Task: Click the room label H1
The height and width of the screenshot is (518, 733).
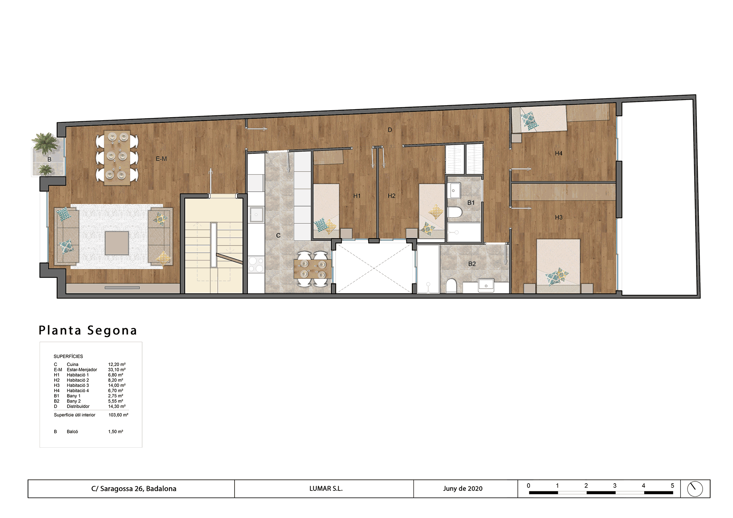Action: pos(357,196)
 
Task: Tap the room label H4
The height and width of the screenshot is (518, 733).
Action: pos(559,153)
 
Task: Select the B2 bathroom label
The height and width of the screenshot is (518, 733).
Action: pos(472,264)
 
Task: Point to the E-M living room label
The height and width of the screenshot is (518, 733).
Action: pos(161,159)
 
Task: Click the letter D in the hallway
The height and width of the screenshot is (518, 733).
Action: pos(390,130)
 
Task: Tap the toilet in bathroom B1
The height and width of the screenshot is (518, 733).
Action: pos(455,212)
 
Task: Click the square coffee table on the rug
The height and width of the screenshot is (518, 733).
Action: pos(117,243)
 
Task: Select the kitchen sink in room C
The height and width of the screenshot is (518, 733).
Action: pos(257,215)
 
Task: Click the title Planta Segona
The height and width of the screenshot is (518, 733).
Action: pos(88,330)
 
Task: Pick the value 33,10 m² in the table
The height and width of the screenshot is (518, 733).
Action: pos(117,370)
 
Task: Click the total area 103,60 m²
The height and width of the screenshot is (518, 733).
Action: pos(118,415)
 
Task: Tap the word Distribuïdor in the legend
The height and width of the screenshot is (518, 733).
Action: pos(78,406)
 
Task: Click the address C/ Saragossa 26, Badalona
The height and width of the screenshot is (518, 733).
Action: pos(134,489)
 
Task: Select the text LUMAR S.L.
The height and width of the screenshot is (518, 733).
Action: pos(326,489)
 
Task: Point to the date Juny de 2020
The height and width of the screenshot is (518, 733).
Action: pos(463,489)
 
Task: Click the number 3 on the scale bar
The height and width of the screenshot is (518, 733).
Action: pos(615,486)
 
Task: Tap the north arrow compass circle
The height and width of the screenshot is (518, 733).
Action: pos(695,489)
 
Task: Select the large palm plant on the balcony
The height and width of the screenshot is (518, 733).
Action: pos(45,143)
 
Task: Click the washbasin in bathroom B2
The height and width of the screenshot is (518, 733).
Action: pos(486,286)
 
